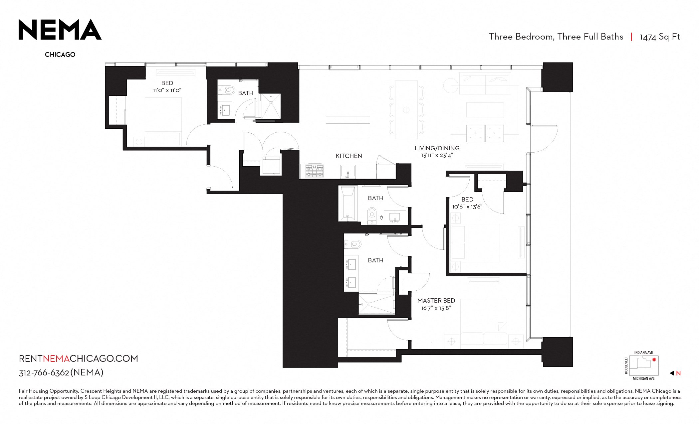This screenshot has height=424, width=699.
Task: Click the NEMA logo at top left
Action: [x=60, y=30]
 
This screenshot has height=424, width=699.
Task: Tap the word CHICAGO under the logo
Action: [x=60, y=55]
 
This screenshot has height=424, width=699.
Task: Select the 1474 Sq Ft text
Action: [x=660, y=37]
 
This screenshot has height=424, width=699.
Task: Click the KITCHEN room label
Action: [x=349, y=156]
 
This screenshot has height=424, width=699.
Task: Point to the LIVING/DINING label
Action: [x=437, y=148]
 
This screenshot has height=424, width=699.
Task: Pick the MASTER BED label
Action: [x=436, y=301]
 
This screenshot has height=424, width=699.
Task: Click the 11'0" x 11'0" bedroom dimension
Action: [x=167, y=90]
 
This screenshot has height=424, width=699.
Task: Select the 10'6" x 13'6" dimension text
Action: [x=467, y=207]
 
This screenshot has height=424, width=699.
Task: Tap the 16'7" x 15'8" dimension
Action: [x=436, y=308]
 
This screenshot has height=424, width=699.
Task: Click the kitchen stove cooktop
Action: [x=314, y=171]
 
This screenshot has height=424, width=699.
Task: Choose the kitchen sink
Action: [x=348, y=172]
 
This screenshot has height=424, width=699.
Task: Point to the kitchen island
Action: [x=348, y=127]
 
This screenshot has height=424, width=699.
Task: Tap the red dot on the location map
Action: [x=654, y=359]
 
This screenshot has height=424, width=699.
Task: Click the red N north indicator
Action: [x=678, y=373]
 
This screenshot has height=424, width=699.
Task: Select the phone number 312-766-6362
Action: [x=44, y=373]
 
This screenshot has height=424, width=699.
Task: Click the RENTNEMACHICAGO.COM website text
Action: [x=78, y=358]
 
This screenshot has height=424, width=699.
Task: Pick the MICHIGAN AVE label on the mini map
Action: [x=643, y=378]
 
